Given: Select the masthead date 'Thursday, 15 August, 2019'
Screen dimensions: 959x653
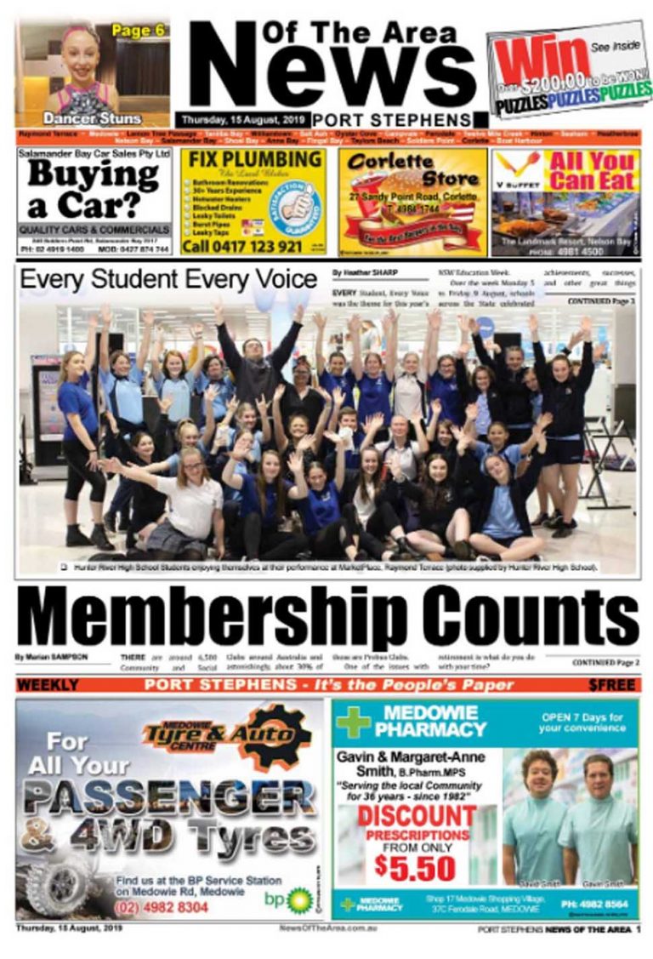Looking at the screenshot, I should pos(241,120).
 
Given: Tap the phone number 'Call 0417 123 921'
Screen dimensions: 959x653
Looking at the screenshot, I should pos(242,247).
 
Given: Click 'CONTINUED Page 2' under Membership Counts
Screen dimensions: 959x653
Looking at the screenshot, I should pos(605,661).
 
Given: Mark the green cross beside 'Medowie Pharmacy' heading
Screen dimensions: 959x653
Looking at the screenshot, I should pos(353,722).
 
